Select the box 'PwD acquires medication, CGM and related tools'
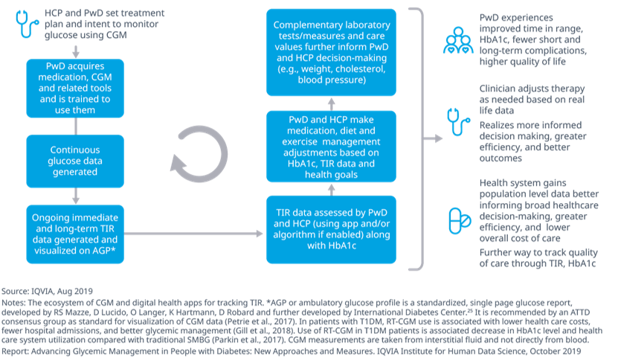[x=75, y=87]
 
